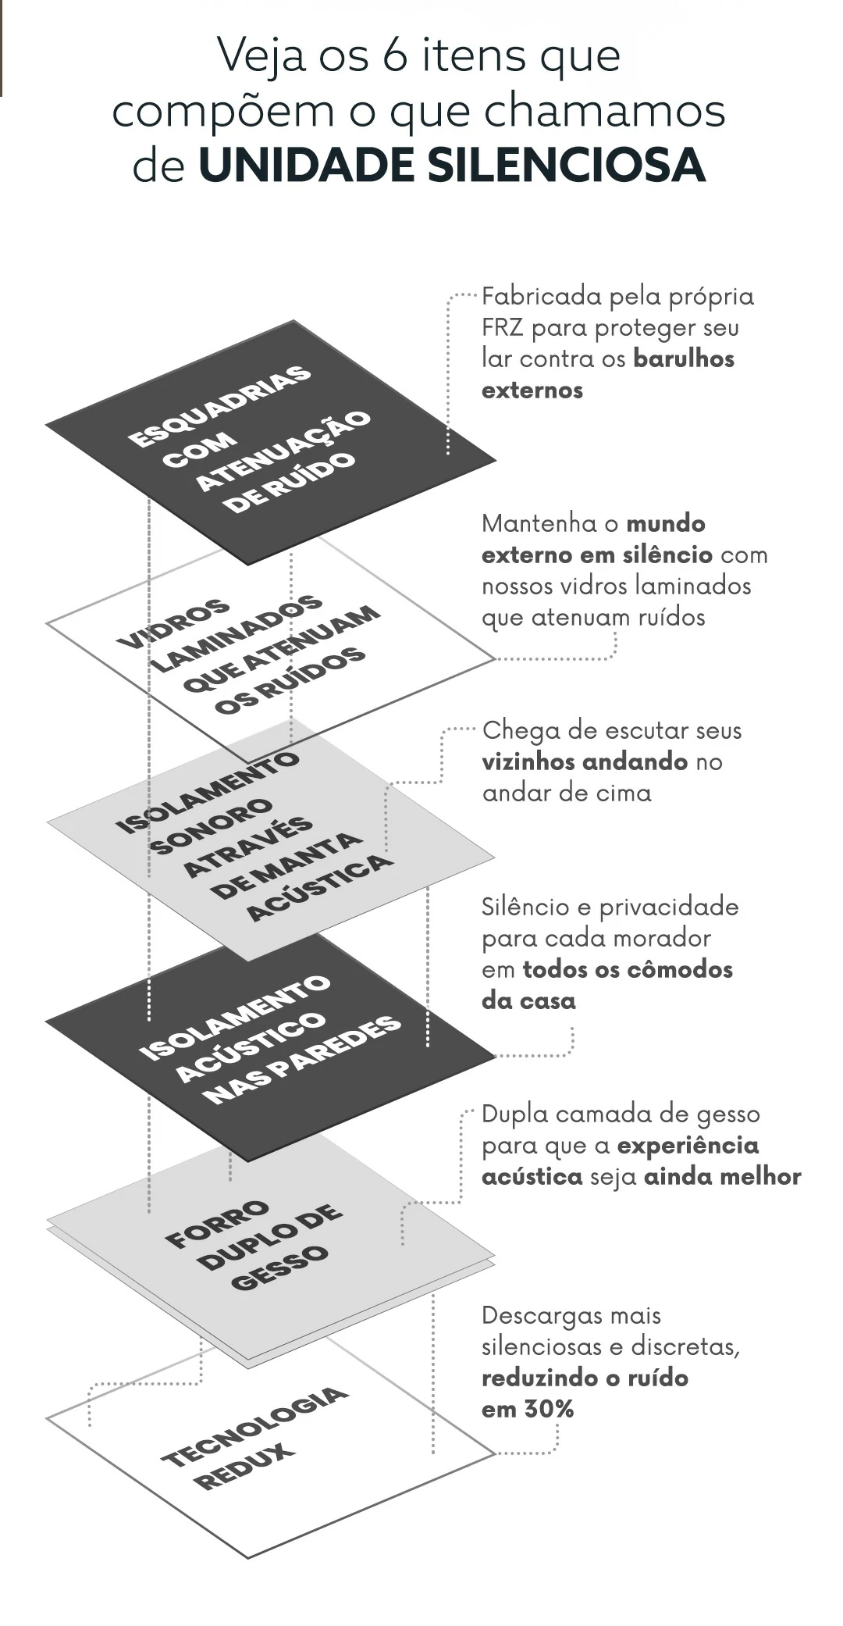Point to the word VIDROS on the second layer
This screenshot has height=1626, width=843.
click(x=173, y=624)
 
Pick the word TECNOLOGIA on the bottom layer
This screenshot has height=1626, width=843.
click(x=254, y=1426)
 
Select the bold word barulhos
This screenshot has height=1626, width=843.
click(x=684, y=358)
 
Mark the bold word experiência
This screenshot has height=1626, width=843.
click(x=688, y=1146)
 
